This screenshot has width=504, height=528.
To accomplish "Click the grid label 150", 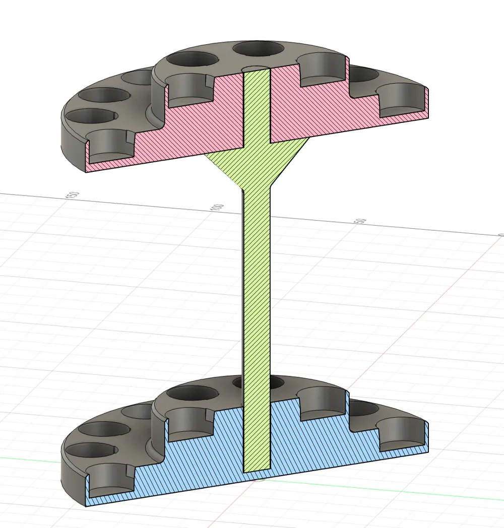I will click(73, 195).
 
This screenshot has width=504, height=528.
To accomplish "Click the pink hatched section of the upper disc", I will click(323, 113).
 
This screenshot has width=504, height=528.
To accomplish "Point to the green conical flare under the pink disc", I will click(257, 166).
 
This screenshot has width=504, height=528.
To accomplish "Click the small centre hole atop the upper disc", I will click(257, 68).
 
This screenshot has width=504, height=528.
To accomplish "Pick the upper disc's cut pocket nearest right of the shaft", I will click(323, 71).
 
